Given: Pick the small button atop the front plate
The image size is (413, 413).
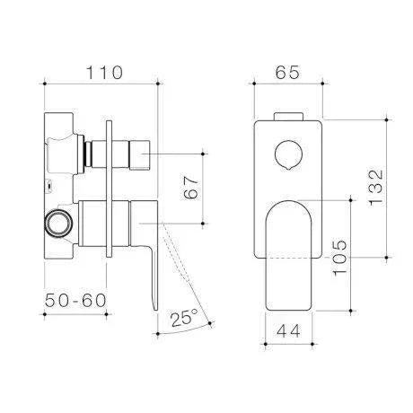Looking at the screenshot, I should pyautogui.click(x=287, y=116).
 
